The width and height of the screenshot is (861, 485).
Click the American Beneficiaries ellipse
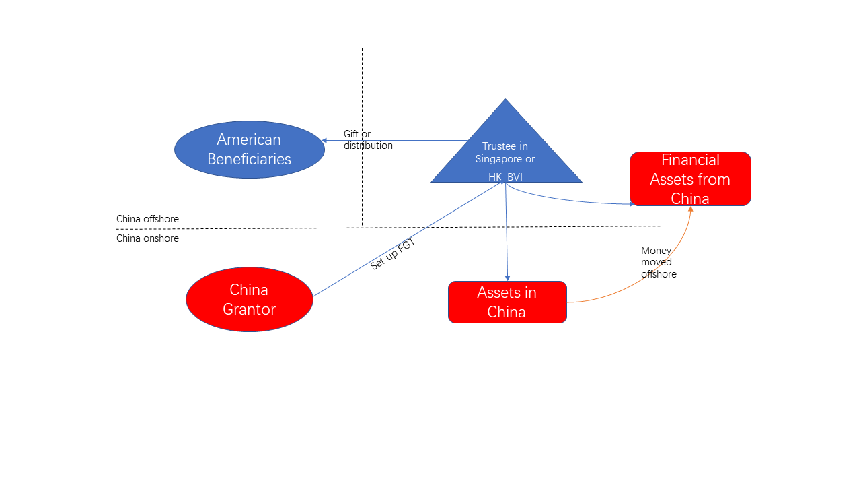tap(250, 150)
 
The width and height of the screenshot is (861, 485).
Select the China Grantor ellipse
tap(250, 300)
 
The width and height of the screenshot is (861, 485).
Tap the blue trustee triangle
tap(506, 154)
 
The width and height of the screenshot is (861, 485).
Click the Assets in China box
tap(507, 302)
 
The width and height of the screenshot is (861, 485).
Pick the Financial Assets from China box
tap(690, 179)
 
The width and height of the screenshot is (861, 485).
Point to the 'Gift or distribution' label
tap(368, 139)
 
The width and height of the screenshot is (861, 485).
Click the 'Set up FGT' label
tap(392, 254)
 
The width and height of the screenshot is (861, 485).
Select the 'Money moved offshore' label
tap(659, 262)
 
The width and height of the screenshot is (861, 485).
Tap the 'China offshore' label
tap(147, 219)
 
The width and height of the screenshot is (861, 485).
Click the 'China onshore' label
tap(147, 238)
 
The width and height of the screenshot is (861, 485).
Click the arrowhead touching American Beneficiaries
tap(324, 141)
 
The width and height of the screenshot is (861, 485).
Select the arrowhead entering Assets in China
tap(507, 278)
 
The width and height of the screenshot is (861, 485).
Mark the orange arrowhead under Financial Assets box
tap(691, 209)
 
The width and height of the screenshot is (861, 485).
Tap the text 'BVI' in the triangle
tap(515, 177)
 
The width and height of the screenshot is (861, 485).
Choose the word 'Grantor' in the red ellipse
tap(249, 309)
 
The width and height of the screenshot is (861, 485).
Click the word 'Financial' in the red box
tap(690, 160)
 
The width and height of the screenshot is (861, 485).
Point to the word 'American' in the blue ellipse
tap(249, 139)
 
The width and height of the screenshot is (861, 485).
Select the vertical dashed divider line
tap(362, 137)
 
